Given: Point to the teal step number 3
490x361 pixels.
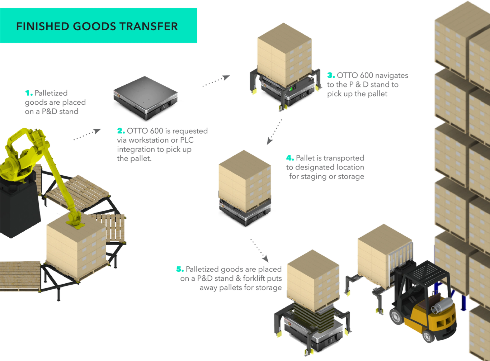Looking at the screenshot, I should click(x=330, y=75).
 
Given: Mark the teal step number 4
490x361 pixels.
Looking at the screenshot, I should click(x=289, y=158).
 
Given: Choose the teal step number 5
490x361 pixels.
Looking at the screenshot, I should click(x=179, y=269).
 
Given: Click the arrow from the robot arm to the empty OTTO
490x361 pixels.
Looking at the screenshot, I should click(x=87, y=134).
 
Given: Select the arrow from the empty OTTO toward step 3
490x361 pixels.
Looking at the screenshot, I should click(x=216, y=81).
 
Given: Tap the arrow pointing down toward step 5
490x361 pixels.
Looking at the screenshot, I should click(x=259, y=250).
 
